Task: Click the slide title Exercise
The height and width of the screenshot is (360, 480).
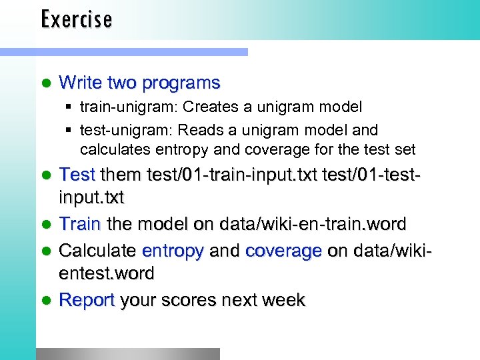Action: (x=76, y=19)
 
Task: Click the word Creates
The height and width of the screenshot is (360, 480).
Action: (x=208, y=107)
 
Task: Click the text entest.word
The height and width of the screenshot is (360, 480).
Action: (x=107, y=274)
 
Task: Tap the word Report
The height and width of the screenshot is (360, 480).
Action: (x=87, y=301)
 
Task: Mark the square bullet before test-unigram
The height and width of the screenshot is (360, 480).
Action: (x=69, y=130)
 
